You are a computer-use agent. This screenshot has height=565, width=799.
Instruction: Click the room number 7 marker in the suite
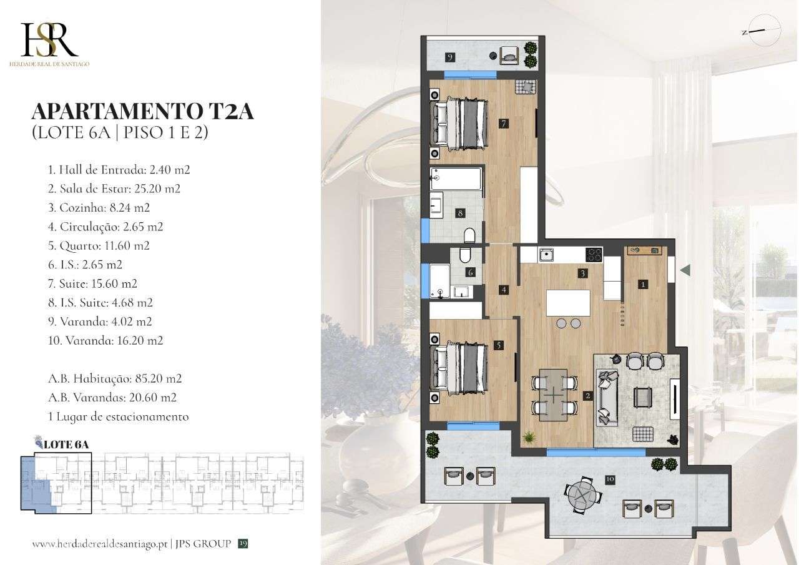[x=503, y=124]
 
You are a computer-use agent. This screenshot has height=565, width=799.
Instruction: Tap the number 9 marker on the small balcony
[x=449, y=57]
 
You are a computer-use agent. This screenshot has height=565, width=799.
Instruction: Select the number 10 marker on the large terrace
[x=610, y=479]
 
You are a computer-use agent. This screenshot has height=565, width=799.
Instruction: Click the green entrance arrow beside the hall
[x=685, y=270]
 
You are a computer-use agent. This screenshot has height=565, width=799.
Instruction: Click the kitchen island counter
[x=568, y=303]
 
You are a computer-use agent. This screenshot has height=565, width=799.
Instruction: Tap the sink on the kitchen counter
[x=547, y=254]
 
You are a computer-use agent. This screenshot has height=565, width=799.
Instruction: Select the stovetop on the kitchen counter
[x=594, y=254]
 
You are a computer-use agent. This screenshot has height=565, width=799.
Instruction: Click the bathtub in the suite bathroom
[x=456, y=180]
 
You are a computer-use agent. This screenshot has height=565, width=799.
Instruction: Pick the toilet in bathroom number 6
[x=465, y=257]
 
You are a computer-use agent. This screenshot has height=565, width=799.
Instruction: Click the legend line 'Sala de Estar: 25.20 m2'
[x=114, y=189]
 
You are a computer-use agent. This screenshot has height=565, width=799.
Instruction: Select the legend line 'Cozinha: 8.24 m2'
[x=99, y=207]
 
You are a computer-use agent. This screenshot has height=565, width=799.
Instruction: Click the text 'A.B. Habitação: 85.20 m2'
[x=115, y=378]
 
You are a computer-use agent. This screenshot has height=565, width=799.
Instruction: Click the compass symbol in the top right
[x=762, y=31]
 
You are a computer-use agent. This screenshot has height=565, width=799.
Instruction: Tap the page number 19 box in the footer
[x=243, y=544]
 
